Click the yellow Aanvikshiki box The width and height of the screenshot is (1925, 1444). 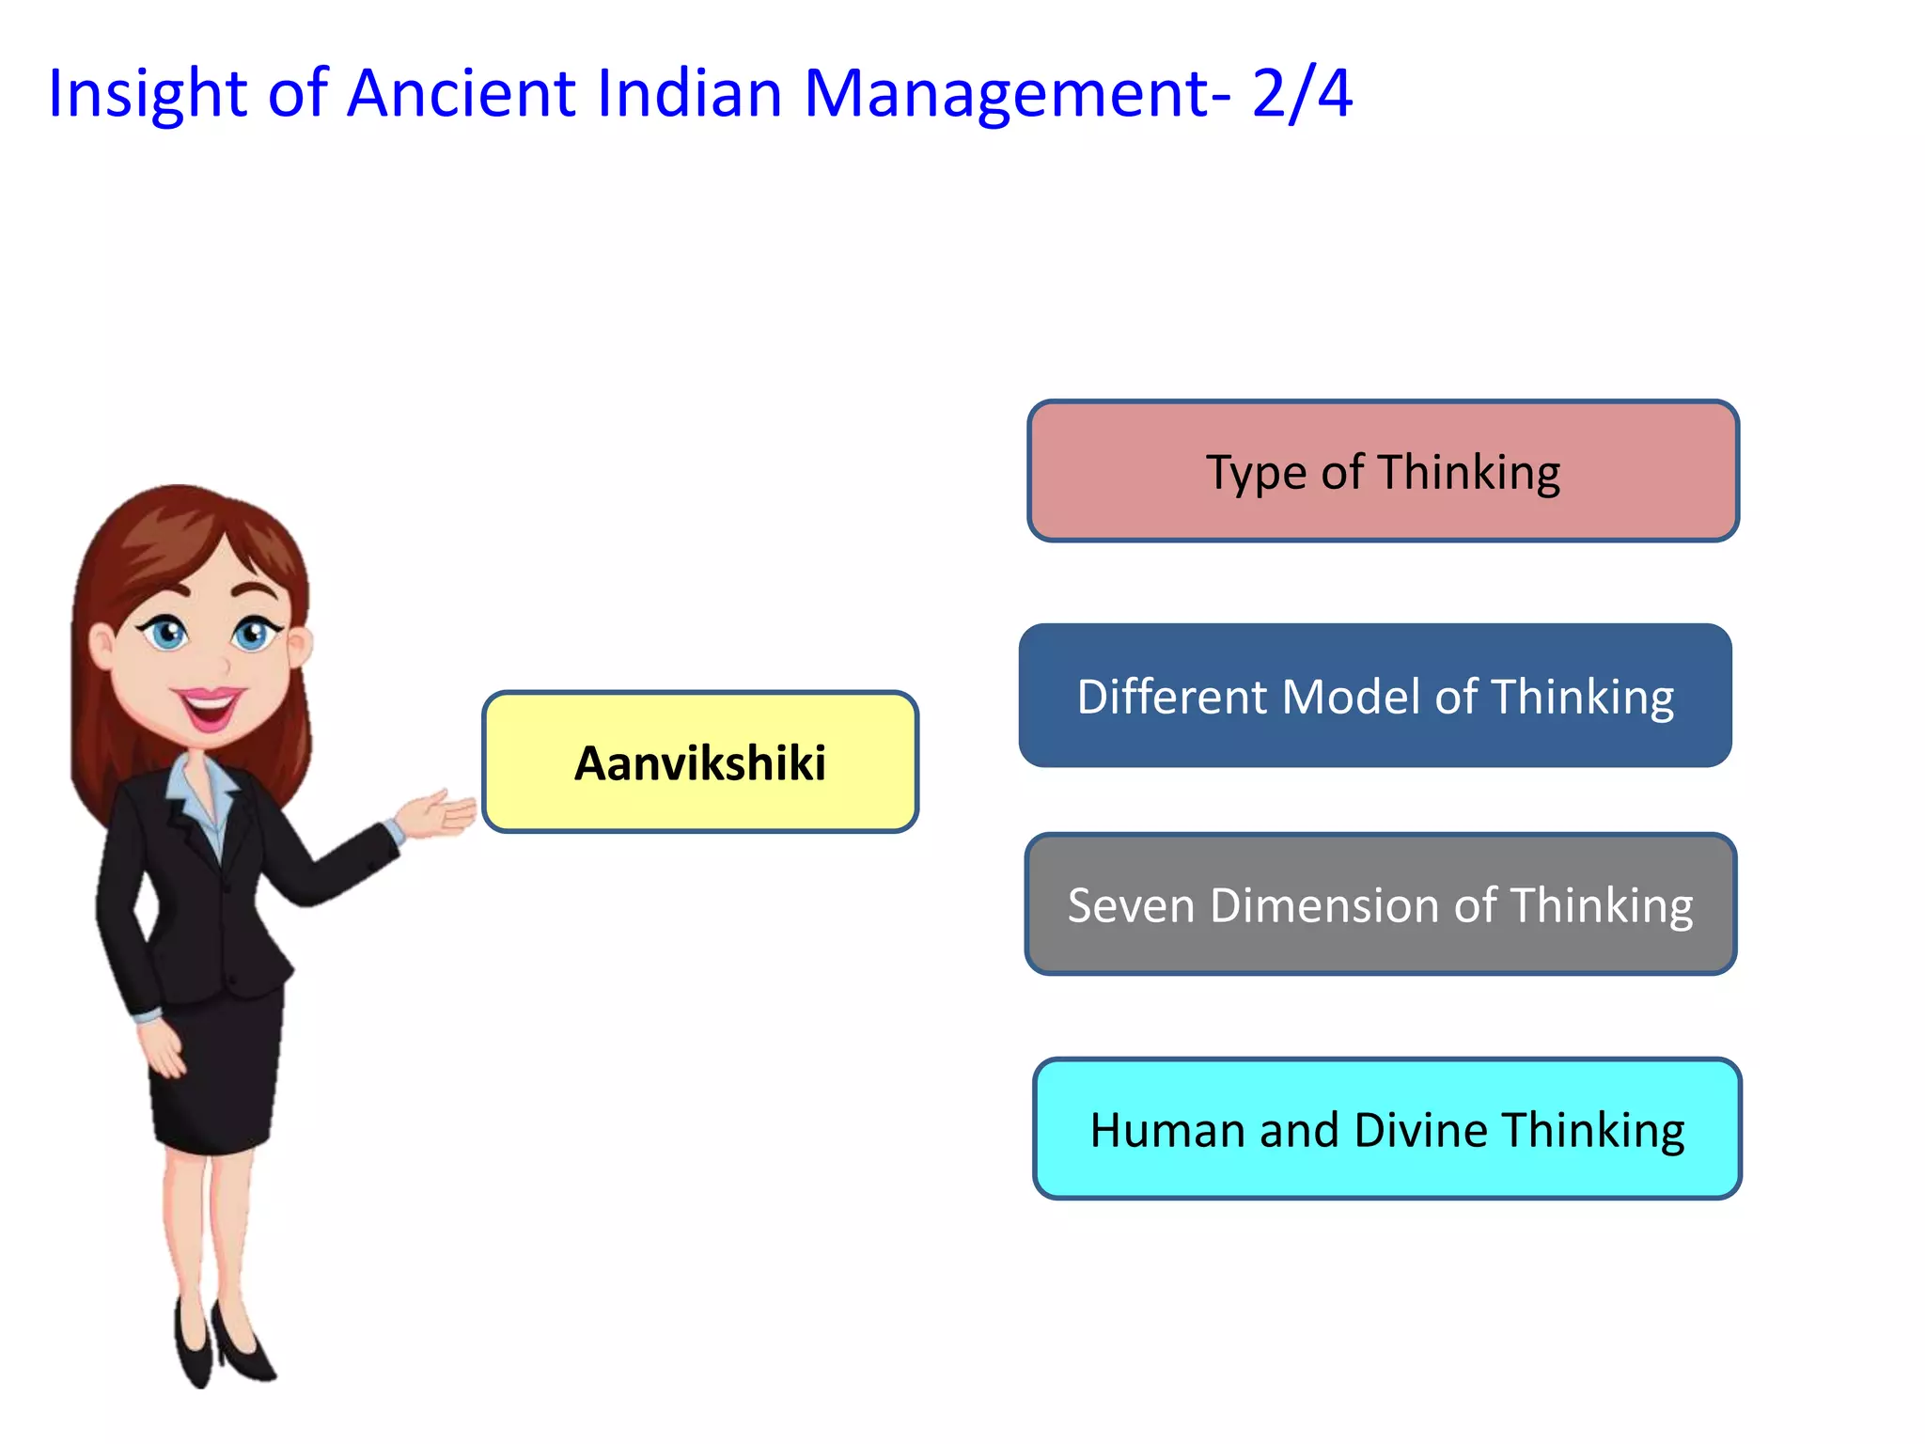point(699,761)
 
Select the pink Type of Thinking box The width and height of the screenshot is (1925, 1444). point(1383,471)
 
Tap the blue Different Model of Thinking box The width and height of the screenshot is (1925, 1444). point(1375,696)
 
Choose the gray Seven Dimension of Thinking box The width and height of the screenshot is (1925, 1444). point(1380,904)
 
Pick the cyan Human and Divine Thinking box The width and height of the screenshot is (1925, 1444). point(1386,1128)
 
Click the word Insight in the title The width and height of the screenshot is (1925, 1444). point(147,94)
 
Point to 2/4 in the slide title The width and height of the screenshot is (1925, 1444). point(1302,94)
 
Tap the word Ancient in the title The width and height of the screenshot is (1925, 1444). point(461,94)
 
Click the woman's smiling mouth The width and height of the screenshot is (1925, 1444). point(209,705)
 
